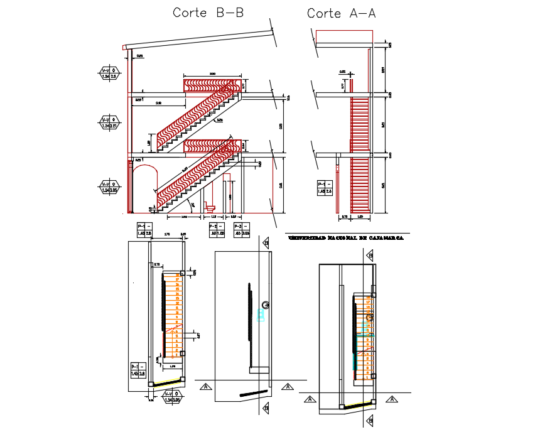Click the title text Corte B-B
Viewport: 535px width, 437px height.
coord(208,13)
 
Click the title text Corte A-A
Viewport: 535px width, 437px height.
coord(341,13)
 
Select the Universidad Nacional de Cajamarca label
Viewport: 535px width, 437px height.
coord(345,239)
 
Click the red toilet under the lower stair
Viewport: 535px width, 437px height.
coord(210,207)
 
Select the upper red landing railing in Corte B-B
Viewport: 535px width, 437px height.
coord(212,84)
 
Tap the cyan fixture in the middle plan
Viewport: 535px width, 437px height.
coord(261,314)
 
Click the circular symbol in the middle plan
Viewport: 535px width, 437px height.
coord(267,306)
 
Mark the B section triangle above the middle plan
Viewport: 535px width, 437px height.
coord(266,243)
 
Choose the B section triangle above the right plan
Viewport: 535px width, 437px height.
coord(370,256)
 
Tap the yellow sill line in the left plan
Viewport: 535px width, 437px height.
coord(167,382)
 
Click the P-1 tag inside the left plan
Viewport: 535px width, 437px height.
coord(138,370)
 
